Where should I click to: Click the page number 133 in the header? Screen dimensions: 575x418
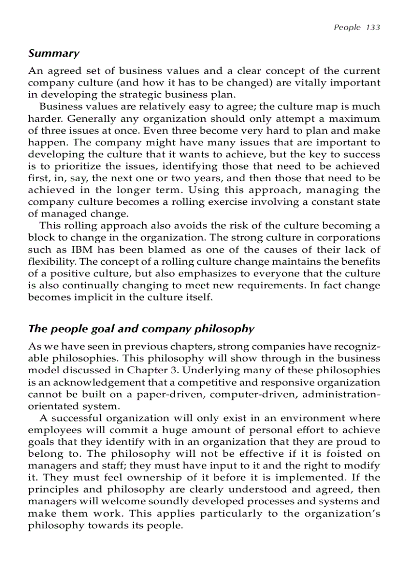click(x=373, y=27)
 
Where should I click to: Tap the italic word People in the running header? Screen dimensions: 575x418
click(x=347, y=27)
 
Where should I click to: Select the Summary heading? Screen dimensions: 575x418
click(x=54, y=53)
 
